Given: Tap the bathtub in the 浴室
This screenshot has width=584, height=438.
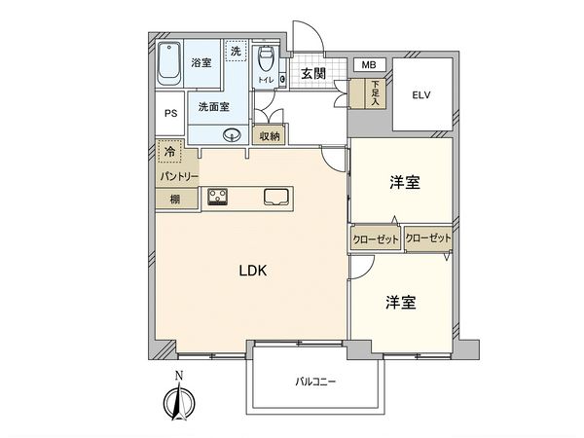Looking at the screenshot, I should (170, 65).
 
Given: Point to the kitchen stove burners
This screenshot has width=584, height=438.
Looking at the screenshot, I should (216, 198).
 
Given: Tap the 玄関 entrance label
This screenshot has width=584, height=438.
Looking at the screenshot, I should (312, 74).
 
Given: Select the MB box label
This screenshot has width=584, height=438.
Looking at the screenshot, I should (369, 65).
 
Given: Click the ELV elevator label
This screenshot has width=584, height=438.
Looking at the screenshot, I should (420, 95).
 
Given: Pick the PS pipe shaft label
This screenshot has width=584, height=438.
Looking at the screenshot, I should (170, 113).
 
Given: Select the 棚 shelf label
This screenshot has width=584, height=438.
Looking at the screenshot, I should (174, 200).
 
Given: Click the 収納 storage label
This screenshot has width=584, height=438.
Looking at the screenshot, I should (270, 136).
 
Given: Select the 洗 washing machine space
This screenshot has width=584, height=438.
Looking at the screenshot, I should (235, 51).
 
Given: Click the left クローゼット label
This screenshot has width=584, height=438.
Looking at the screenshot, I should (376, 237).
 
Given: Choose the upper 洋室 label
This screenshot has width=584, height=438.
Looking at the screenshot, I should (404, 182).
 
